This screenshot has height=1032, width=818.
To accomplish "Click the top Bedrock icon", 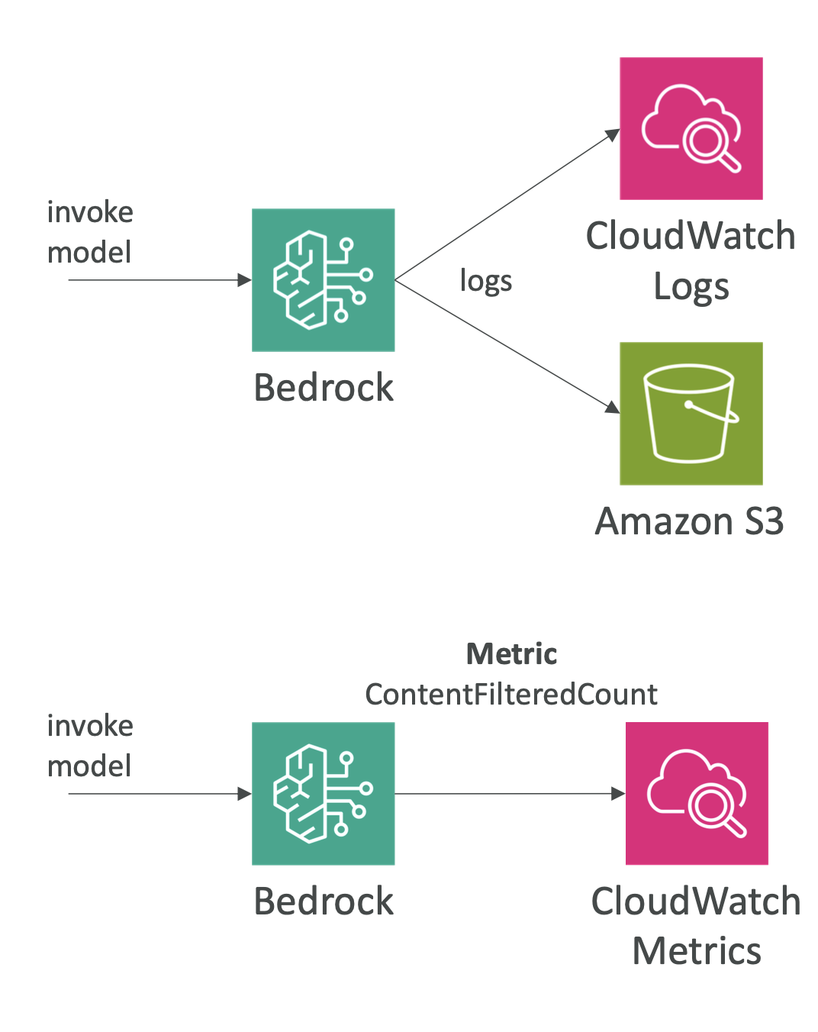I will pyautogui.click(x=323, y=280).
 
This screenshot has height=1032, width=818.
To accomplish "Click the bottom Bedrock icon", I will pyautogui.click(x=323, y=793).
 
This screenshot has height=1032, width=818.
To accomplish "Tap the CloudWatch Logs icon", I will pyautogui.click(x=691, y=128).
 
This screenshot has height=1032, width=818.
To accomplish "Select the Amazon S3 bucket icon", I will pyautogui.click(x=691, y=413).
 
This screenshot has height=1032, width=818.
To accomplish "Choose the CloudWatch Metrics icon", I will pyautogui.click(x=697, y=793).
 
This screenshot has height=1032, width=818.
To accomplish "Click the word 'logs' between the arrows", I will pyautogui.click(x=485, y=282).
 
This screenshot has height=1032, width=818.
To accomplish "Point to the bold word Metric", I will pyautogui.click(x=511, y=654).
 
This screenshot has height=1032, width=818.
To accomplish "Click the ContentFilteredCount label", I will pyautogui.click(x=511, y=695).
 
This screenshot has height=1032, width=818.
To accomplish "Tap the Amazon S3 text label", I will pyautogui.click(x=689, y=522).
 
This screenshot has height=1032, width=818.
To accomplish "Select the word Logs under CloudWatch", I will pyautogui.click(x=691, y=287).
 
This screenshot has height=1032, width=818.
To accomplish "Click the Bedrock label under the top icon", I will pyautogui.click(x=323, y=388).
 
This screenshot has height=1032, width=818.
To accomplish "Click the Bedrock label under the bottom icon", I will pyautogui.click(x=323, y=901).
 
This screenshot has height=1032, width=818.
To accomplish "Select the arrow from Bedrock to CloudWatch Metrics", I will pyautogui.click(x=510, y=794).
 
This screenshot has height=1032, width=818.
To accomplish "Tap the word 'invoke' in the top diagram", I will pyautogui.click(x=90, y=212).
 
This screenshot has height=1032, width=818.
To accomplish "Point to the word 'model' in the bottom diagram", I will pyautogui.click(x=89, y=766).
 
